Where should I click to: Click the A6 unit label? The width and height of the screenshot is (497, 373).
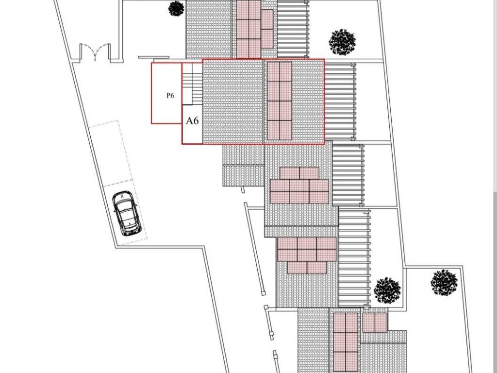pyautogui.click(x=192, y=120)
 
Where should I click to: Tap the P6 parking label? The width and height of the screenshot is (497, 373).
pyautogui.click(x=170, y=96)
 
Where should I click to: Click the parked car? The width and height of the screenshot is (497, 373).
pyautogui.click(x=126, y=213)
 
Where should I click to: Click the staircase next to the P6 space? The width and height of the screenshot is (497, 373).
pyautogui.click(x=193, y=84)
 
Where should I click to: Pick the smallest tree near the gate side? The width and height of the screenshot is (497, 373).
pyautogui.click(x=176, y=8)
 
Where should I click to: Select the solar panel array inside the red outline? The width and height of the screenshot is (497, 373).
pyautogui.click(x=279, y=101)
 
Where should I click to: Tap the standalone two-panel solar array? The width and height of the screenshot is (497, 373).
pyautogui.click(x=375, y=322)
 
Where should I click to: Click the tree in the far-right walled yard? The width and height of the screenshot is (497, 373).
pyautogui.click(x=444, y=282)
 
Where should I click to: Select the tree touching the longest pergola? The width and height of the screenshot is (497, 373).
pyautogui.click(x=387, y=290)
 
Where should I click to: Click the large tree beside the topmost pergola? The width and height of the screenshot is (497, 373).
pyautogui.click(x=342, y=42)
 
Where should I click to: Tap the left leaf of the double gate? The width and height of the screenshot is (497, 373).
pyautogui.click(x=86, y=51)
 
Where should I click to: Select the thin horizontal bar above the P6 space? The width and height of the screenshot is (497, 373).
pyautogui.click(x=153, y=57)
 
